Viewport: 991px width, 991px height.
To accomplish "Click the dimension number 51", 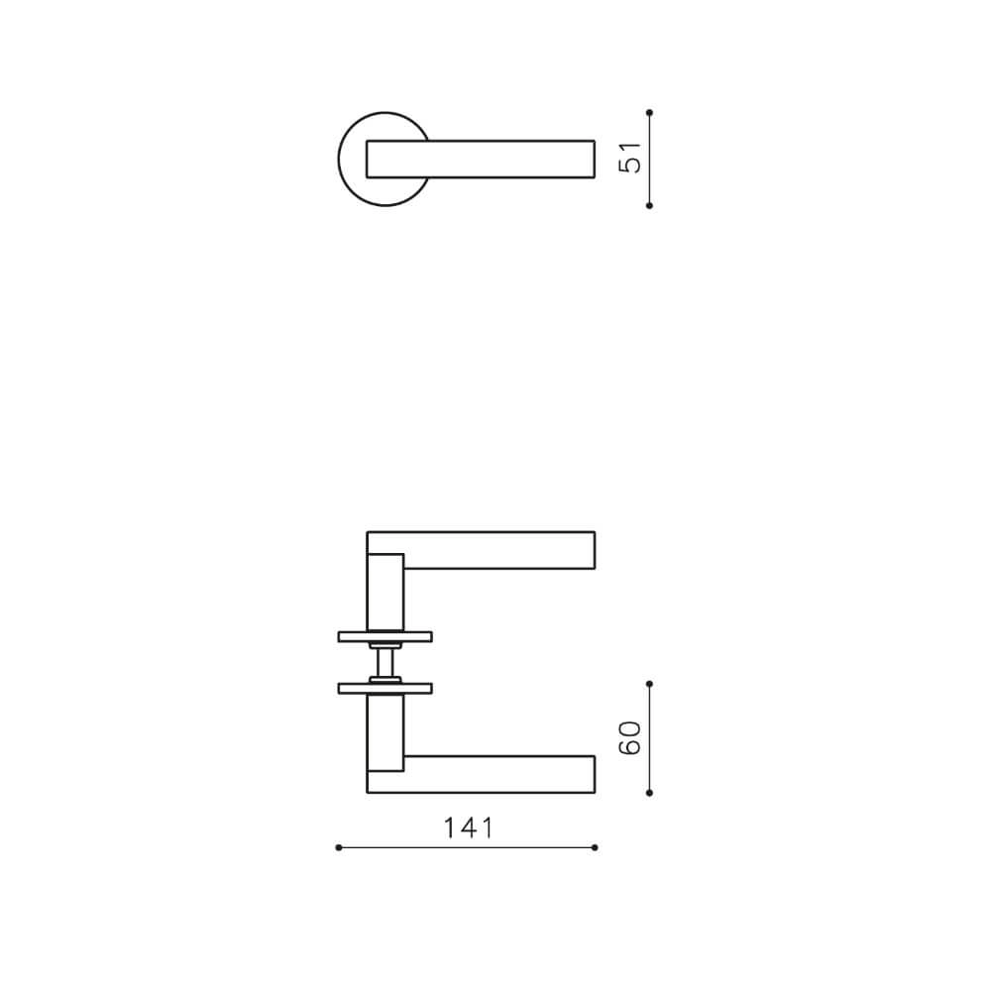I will [x=631, y=159].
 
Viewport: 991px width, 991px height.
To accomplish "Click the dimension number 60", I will [x=631, y=738].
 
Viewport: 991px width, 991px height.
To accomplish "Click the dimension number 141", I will [x=468, y=827].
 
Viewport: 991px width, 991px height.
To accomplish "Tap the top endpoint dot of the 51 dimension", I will [x=649, y=112].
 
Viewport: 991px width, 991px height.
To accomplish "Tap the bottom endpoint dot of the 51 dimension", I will [x=649, y=205].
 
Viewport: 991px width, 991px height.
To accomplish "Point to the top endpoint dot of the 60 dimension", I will [x=649, y=683].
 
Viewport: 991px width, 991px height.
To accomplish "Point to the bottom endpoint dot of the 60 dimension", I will [x=649, y=793].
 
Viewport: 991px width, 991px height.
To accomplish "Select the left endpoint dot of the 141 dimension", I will [x=339, y=847].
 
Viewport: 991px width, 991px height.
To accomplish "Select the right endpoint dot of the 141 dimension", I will [x=595, y=847].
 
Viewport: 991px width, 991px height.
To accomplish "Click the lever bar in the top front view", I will [x=495, y=159].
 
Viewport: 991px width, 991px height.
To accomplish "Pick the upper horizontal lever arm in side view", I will [x=495, y=550].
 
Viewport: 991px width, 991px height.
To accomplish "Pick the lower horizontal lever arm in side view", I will [x=495, y=774].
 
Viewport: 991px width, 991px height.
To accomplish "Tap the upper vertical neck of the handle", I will [x=386, y=592].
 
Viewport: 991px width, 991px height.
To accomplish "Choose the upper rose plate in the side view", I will [x=385, y=636].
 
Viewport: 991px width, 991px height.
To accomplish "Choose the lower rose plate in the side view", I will [x=385, y=687].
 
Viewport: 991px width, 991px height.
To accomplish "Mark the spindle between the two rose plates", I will [x=385, y=661].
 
